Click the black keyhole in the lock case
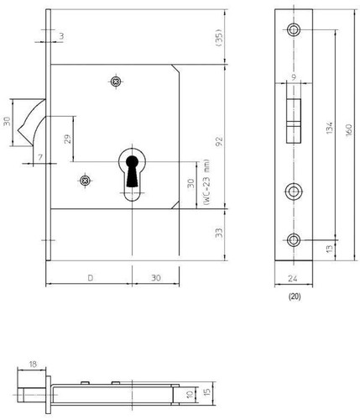coord(132,171)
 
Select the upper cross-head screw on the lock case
coord(116,81)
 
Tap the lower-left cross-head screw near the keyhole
coord(85,181)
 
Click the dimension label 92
coord(219,141)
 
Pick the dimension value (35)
coord(219,37)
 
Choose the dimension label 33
coord(219,233)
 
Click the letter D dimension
coord(91,278)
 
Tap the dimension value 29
coord(68,139)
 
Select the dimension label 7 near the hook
coord(40,157)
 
